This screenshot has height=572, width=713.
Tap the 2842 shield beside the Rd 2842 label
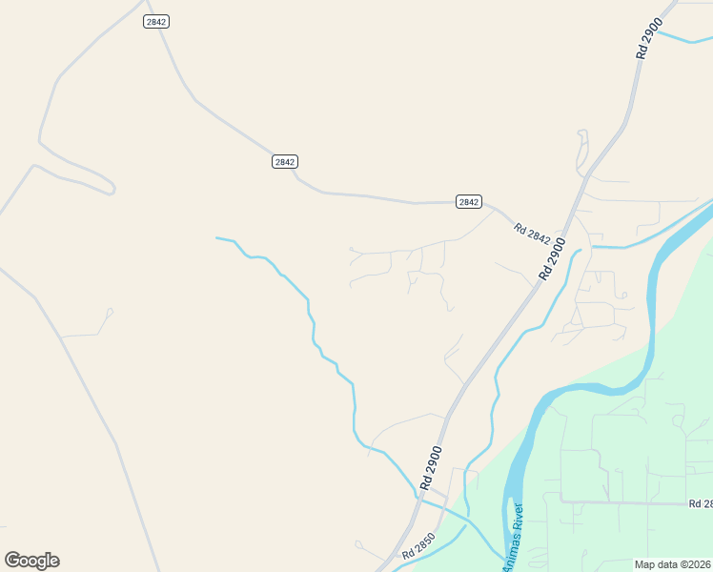(468, 201)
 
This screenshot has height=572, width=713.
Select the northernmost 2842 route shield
(156, 21)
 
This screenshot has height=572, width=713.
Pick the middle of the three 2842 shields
(284, 161)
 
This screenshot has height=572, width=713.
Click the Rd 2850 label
(418, 552)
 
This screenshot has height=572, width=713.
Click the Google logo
(31, 561)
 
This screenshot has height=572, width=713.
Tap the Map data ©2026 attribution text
(673, 564)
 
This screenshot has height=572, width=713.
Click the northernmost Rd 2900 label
(649, 43)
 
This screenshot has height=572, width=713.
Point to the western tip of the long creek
(217, 237)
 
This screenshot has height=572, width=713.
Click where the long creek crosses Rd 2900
(420, 494)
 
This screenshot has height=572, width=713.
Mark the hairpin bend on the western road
(111, 189)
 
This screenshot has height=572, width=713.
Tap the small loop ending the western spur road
(110, 311)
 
